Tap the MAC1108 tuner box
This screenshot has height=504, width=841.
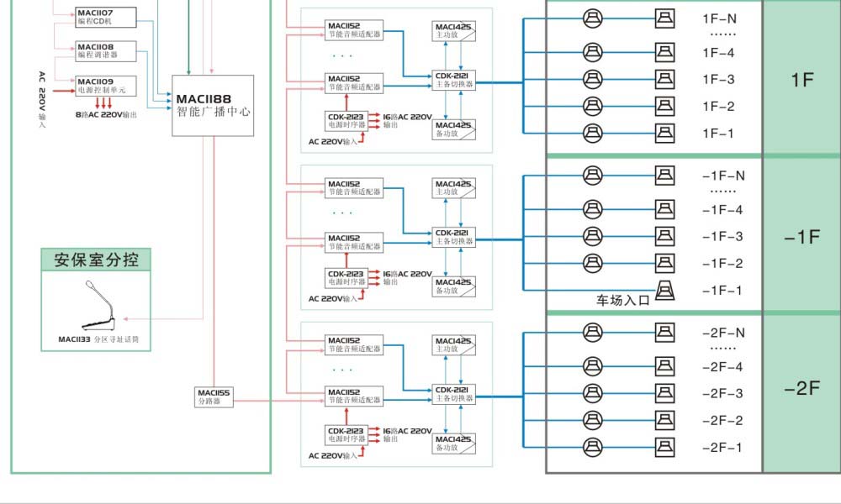97,50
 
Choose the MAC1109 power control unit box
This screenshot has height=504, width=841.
101,85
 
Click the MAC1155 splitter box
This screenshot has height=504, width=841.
214,396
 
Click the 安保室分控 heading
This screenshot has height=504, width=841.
96,260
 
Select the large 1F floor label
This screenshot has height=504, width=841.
802,80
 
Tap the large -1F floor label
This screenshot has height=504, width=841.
801,237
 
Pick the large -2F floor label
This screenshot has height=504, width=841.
801,388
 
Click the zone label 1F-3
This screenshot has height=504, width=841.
718,80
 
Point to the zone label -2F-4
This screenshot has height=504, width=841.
722,367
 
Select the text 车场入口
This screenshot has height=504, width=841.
623,300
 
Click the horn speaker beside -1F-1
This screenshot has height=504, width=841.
664,290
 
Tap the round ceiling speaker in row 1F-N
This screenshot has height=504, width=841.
593,17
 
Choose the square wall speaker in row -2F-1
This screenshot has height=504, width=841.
664,446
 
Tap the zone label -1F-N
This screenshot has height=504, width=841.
723,176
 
